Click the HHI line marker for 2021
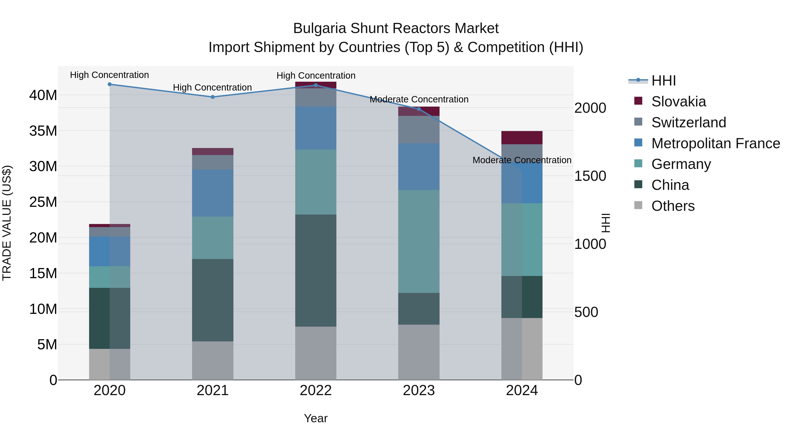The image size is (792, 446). point(213,97)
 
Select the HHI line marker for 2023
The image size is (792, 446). point(419,109)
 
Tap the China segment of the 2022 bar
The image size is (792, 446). point(316,270)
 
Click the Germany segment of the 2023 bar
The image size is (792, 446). point(419,241)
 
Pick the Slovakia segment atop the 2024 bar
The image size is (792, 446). point(522,138)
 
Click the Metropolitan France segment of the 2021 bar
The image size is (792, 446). point(213,193)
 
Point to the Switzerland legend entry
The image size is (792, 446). point(688,122)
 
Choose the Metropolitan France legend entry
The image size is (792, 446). point(715,143)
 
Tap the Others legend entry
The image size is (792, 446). point(673,206)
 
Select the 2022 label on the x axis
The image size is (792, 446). point(316,390)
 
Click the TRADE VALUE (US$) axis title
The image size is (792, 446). point(7,223)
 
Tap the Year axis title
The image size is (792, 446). point(316,418)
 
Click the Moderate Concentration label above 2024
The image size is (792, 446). point(522,160)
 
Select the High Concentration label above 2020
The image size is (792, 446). point(110,75)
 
